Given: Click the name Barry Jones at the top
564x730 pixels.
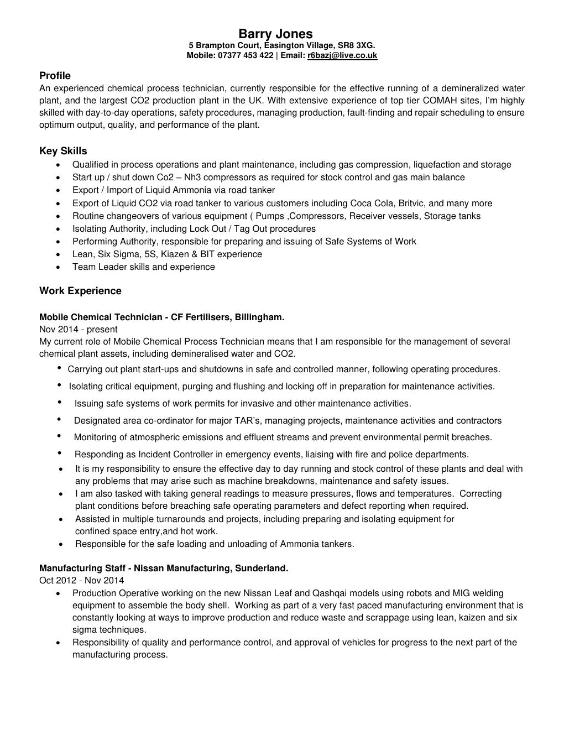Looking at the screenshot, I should pos(275,34).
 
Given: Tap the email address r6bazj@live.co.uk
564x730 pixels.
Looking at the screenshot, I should pos(342,55).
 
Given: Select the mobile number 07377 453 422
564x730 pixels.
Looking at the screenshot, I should pos(246,55).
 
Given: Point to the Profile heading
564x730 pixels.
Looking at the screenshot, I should pos(55,76).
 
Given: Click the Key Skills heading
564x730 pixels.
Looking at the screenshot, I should pos(63,151).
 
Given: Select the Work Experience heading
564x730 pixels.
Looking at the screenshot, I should pos(80,291).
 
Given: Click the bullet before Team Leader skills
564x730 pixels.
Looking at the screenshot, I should pos(59,267).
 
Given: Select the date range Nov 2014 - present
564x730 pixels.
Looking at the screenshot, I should pos(78,330).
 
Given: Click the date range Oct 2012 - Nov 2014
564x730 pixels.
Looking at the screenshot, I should pos(81,580).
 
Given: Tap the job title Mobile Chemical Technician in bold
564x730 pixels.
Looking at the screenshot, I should pos(101,317).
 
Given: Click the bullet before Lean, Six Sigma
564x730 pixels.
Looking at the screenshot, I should pos(59,254).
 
